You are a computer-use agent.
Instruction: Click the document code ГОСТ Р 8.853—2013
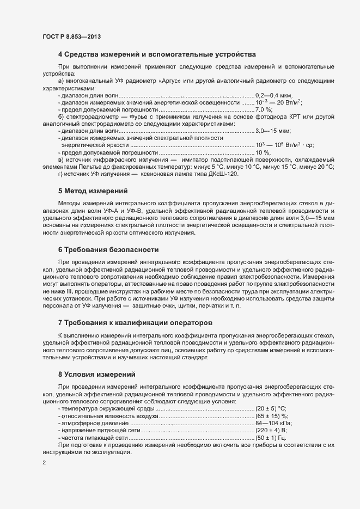click(x=71, y=36)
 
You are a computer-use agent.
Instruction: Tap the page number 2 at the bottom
click(x=44, y=463)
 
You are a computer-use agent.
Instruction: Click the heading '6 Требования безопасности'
click(x=108, y=250)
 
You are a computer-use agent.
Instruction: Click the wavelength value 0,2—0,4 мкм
click(x=277, y=95)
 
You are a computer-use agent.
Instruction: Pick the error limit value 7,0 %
click(x=264, y=109)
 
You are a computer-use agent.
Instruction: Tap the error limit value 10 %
click(x=263, y=152)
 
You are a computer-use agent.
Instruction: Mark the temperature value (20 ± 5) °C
click(x=271, y=408)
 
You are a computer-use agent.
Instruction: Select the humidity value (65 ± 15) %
click(x=272, y=416)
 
